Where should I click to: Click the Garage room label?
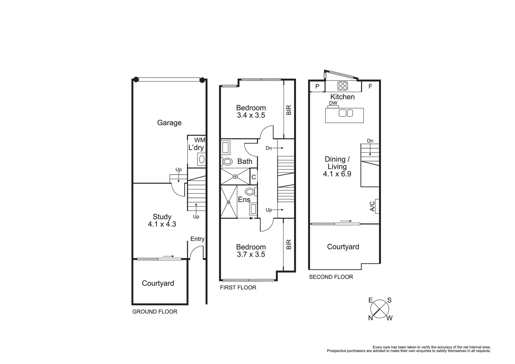tap(169, 123)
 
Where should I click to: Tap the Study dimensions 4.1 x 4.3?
tap(162, 224)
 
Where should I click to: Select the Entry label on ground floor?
tap(197, 239)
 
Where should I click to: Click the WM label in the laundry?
tap(199, 140)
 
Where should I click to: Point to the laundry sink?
tap(202, 159)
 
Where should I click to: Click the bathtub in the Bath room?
tap(225, 148)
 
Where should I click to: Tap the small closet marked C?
tap(254, 177)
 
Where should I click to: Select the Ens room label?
tap(244, 200)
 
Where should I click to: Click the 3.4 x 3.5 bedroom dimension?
tap(251, 115)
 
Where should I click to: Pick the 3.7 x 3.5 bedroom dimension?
tap(251, 254)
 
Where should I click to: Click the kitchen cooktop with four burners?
tap(343, 86)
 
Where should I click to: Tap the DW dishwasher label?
tap(333, 103)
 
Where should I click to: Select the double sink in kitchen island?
tap(346, 113)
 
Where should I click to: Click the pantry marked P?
tap(317, 87)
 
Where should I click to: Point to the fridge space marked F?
tap(370, 86)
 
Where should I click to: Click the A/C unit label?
tap(373, 206)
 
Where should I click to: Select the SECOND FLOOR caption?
tap(331, 277)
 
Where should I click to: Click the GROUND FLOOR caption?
tap(155, 311)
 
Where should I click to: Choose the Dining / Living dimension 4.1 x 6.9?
tap(337, 174)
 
